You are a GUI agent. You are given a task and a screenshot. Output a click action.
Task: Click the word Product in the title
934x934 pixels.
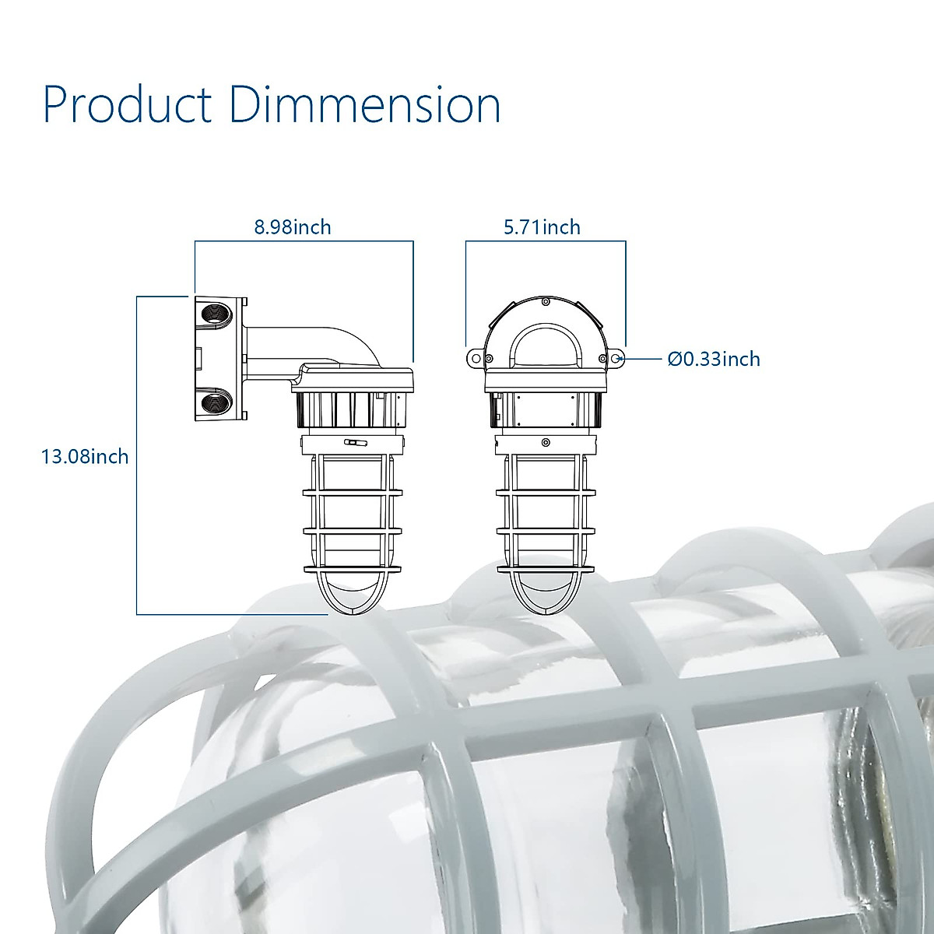coord(127,105)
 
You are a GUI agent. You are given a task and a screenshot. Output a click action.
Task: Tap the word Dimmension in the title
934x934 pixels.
coord(364,105)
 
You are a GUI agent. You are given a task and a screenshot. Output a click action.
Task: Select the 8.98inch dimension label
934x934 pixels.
coord(293,227)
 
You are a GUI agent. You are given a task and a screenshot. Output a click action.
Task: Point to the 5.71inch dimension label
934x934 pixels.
coord(542,227)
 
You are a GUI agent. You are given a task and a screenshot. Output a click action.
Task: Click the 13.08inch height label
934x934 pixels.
coord(85,456)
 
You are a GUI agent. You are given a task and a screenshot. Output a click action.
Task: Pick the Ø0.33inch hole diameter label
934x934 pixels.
coord(714,359)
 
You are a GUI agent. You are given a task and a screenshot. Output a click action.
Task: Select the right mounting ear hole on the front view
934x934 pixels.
coord(616,358)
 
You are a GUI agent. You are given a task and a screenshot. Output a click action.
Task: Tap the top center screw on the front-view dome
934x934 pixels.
coord(546,300)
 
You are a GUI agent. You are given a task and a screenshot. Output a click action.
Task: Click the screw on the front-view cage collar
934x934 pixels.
coord(546,444)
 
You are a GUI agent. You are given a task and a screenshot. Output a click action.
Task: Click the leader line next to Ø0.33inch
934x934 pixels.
coord(643,359)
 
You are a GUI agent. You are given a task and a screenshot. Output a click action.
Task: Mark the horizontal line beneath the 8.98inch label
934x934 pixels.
coord(304,241)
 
